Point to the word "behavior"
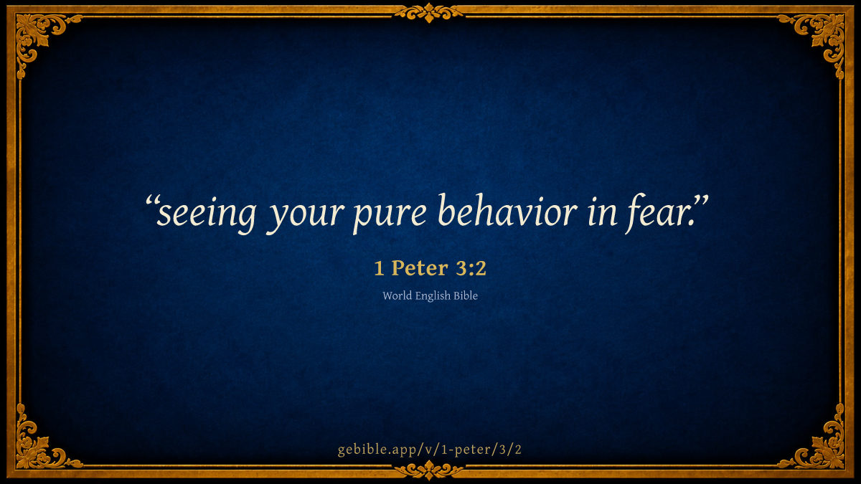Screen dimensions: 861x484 click(x=507, y=209)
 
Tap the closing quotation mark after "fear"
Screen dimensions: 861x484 click(x=701, y=201)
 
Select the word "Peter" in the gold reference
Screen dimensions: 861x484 click(x=420, y=267)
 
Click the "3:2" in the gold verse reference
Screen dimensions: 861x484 click(x=471, y=267)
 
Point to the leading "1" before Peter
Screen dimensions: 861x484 click(x=379, y=268)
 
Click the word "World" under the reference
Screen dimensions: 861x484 click(x=397, y=295)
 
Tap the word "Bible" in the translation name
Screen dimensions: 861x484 click(x=466, y=295)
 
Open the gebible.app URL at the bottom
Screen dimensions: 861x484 click(x=430, y=450)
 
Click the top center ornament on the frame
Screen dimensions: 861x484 click(x=429, y=13)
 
